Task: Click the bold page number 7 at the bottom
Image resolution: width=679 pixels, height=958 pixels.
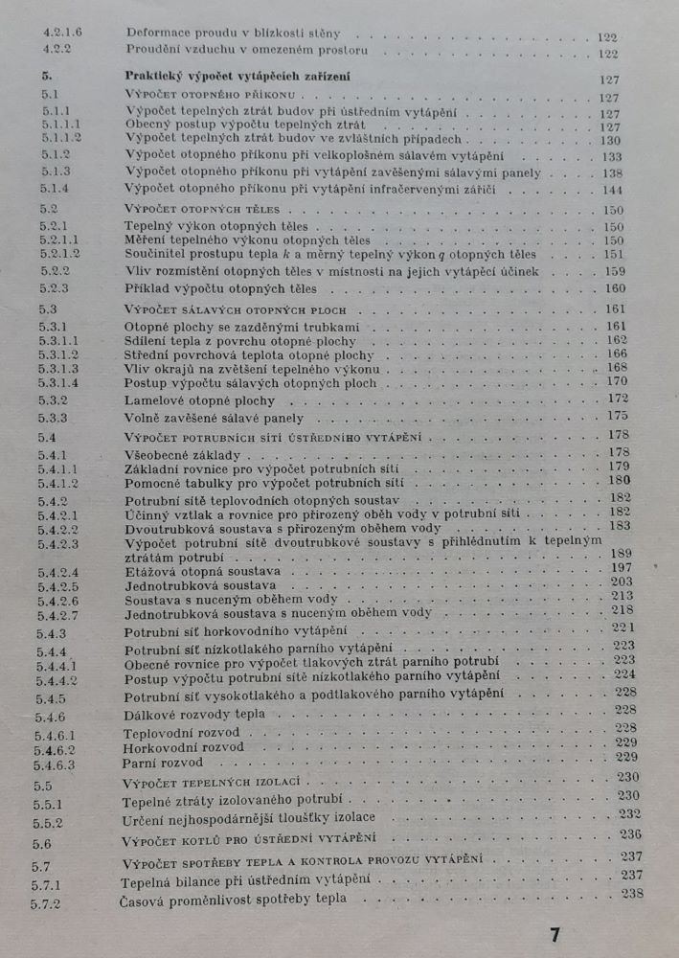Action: coord(555,934)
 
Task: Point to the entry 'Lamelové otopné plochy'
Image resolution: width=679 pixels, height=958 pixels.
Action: coord(200,400)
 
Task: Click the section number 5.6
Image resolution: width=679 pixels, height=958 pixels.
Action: coord(42,844)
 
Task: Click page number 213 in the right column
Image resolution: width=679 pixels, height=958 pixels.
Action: coord(622,595)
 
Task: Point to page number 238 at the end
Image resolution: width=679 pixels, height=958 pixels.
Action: coord(631,894)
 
